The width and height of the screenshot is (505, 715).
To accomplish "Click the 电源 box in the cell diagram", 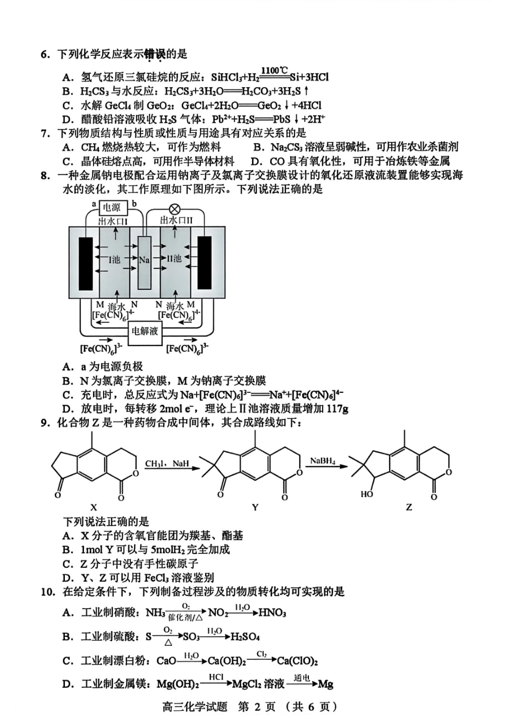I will (x=112, y=207).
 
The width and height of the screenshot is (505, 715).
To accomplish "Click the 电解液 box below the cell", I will (x=145, y=331).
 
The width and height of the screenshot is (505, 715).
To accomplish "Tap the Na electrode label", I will (x=144, y=260).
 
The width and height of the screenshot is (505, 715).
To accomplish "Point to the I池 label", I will (x=114, y=259).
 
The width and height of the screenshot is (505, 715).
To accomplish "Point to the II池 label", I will (x=174, y=259).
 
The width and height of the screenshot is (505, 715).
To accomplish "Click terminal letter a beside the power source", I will (x=94, y=204).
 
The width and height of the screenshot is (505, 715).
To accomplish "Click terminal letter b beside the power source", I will (x=134, y=204).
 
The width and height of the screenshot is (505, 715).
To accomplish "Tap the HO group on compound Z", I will (x=367, y=494).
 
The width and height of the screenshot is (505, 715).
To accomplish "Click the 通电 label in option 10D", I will (x=301, y=677).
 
